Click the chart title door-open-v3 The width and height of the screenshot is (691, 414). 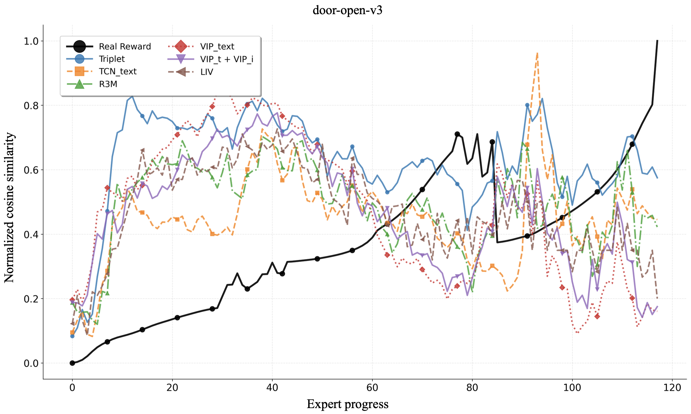(x=347, y=10)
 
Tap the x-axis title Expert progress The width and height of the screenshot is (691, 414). (x=347, y=404)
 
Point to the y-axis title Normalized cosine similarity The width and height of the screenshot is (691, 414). (x=9, y=208)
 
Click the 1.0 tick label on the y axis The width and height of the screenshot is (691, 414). (x=31, y=41)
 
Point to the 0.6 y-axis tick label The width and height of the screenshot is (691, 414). (x=31, y=170)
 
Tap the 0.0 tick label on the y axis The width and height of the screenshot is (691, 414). (x=31, y=363)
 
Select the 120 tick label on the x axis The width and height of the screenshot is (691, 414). (x=672, y=387)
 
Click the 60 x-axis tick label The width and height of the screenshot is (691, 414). (x=372, y=387)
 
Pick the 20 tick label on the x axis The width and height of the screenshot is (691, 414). (x=172, y=387)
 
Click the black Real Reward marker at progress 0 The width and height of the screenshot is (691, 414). (x=72, y=363)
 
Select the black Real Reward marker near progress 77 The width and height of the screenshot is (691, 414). (x=457, y=134)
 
